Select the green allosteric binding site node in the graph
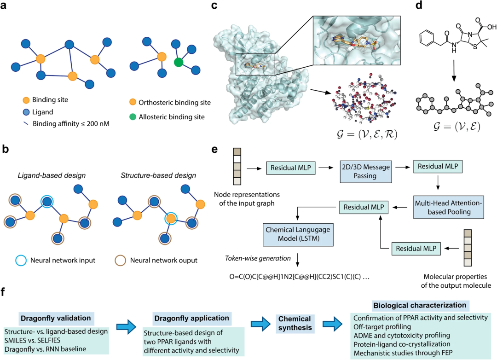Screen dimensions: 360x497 tap(179, 62)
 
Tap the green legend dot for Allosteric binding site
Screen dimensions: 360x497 tap(133, 117)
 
